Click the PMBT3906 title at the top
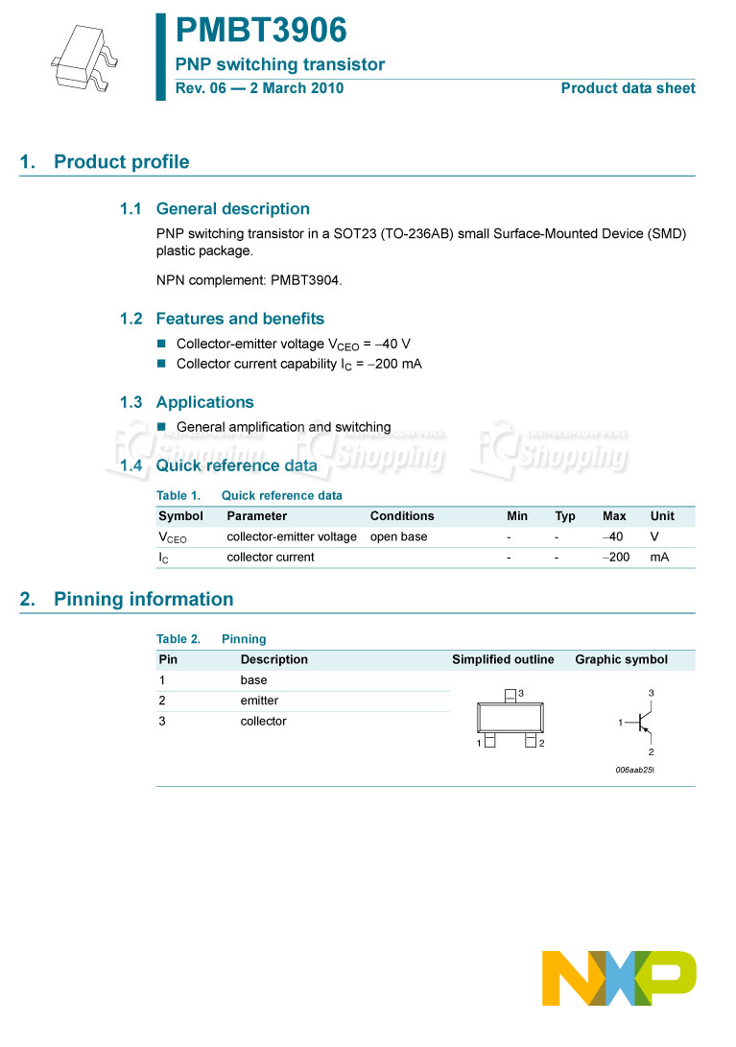(261, 31)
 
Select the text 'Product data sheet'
(628, 88)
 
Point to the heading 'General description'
(232, 209)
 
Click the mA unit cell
(659, 558)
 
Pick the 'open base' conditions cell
(398, 537)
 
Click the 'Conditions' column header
(402, 516)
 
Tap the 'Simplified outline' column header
(503, 660)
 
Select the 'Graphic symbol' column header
(621, 660)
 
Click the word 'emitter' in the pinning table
(259, 702)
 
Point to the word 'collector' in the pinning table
(263, 722)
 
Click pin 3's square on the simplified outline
(510, 694)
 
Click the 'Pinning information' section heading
(143, 600)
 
